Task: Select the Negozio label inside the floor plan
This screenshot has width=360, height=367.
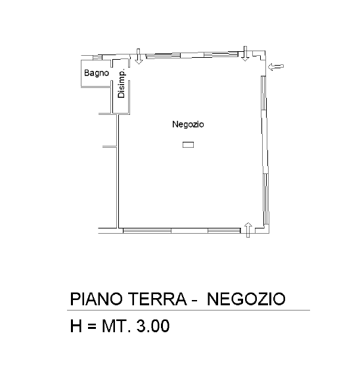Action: coord(189,124)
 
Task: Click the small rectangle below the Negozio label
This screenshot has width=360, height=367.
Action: coord(189,144)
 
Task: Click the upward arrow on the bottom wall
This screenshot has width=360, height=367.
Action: coord(248,229)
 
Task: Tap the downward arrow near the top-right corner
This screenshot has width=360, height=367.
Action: coord(244,54)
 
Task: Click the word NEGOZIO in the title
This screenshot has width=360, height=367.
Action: coord(246,299)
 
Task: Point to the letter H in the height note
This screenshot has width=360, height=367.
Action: coord(76,326)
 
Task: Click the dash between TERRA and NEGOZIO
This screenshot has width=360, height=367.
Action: coord(194,301)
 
